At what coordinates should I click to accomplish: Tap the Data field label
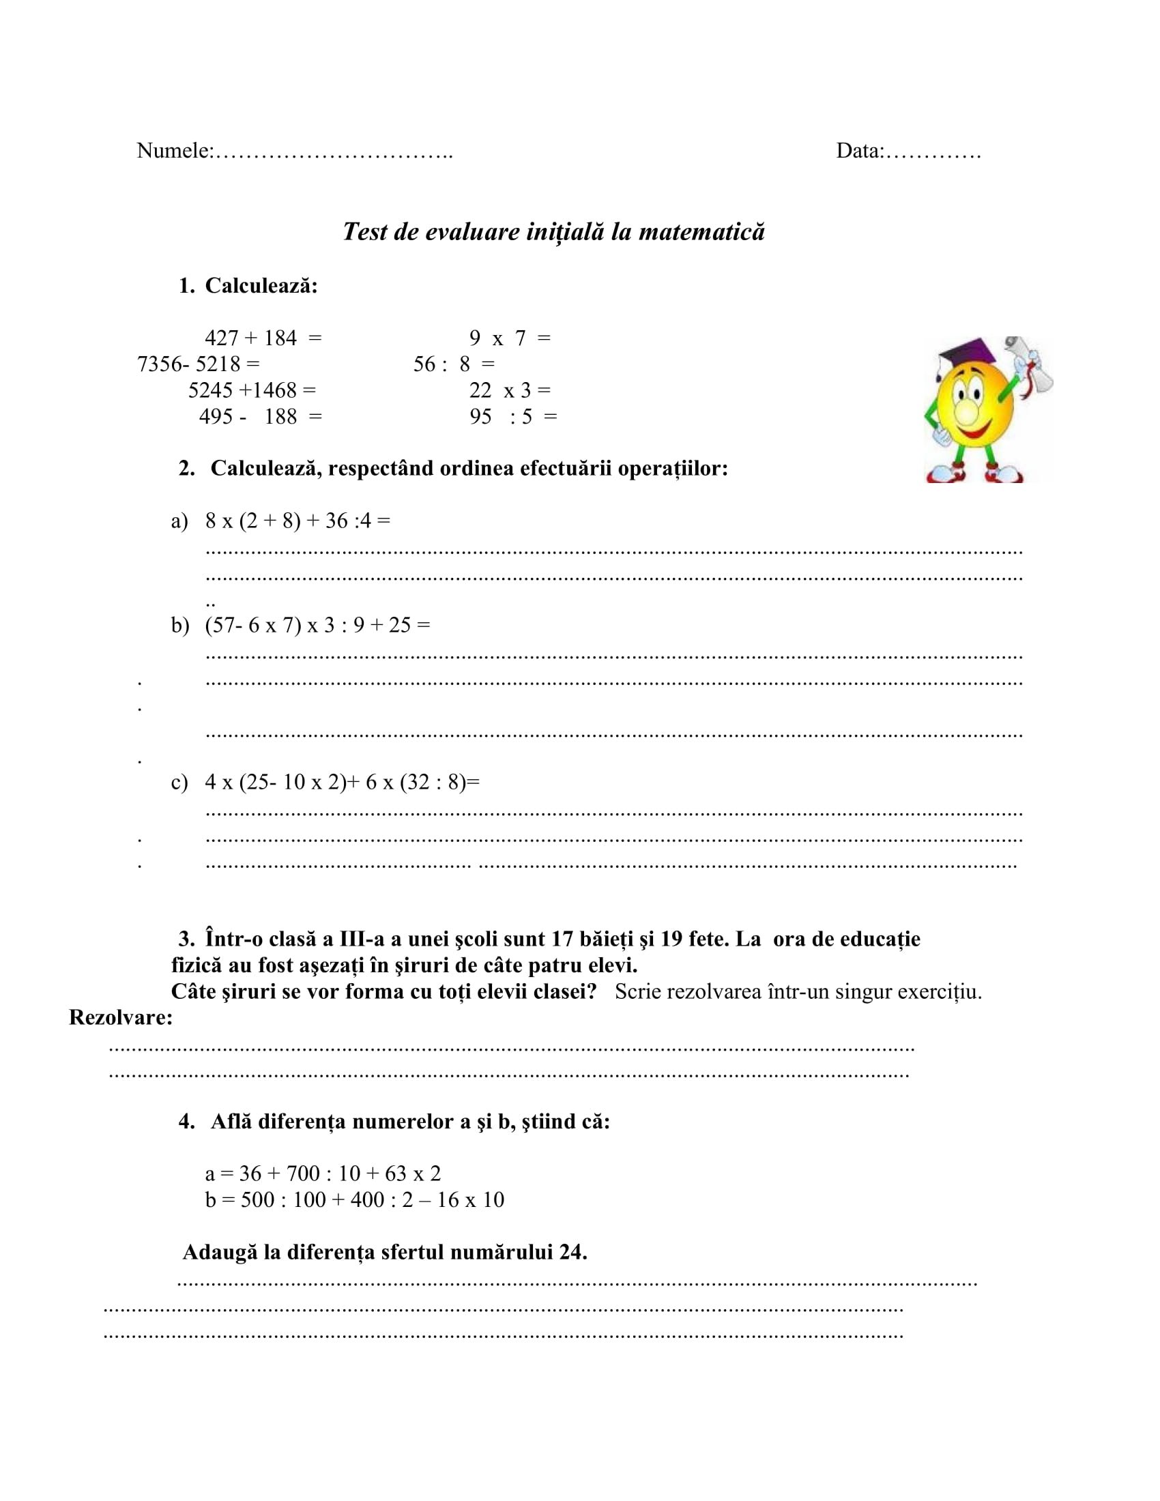(x=860, y=151)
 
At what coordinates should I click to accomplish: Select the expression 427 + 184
(x=251, y=338)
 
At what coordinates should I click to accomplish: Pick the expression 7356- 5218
(x=189, y=364)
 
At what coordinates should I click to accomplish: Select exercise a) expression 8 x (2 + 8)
(x=253, y=521)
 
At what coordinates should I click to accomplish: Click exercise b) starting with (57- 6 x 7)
(x=253, y=626)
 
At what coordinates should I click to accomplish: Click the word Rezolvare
(x=120, y=1017)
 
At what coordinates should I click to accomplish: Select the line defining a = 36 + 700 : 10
(x=323, y=1174)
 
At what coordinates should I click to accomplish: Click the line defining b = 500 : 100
(x=355, y=1199)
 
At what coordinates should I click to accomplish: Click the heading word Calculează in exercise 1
(x=261, y=286)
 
